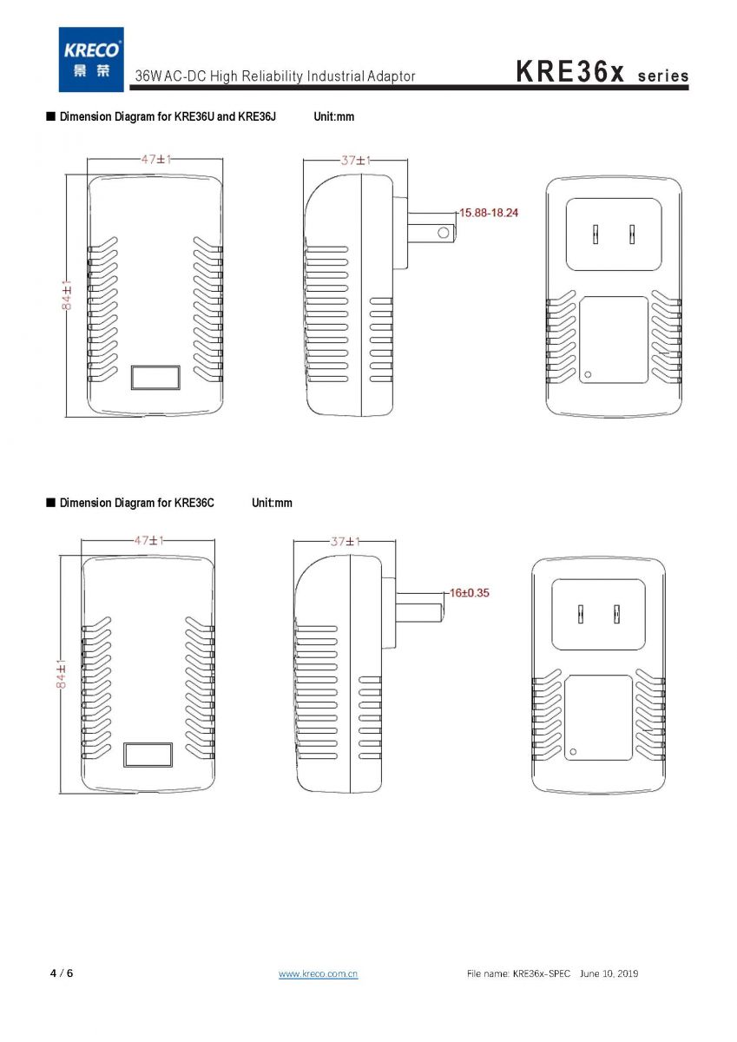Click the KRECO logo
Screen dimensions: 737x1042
click(x=91, y=59)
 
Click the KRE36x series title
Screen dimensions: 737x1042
click(x=602, y=72)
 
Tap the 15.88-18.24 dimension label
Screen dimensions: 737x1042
click(x=488, y=213)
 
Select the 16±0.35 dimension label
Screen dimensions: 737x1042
click(x=469, y=592)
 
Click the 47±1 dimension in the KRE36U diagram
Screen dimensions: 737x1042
click(x=156, y=160)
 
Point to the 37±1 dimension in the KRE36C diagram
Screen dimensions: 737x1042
click(x=345, y=542)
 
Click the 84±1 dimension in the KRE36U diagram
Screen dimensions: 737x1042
click(x=67, y=294)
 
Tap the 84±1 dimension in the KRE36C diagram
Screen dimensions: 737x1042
click(x=61, y=674)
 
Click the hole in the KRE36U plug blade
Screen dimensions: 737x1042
click(x=444, y=232)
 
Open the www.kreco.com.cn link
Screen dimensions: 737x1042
click(x=318, y=973)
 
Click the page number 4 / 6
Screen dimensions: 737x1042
click(x=62, y=973)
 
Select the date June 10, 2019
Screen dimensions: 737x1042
click(x=609, y=973)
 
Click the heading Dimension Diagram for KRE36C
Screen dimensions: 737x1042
click(x=136, y=503)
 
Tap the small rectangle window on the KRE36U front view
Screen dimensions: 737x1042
click(x=155, y=377)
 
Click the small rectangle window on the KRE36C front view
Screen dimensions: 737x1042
click(x=148, y=755)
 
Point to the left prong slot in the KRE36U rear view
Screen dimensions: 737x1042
click(x=596, y=234)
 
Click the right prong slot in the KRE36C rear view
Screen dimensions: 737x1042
click(x=616, y=614)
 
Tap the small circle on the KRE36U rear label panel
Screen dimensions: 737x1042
click(x=588, y=374)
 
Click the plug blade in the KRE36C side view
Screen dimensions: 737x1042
click(x=419, y=607)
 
